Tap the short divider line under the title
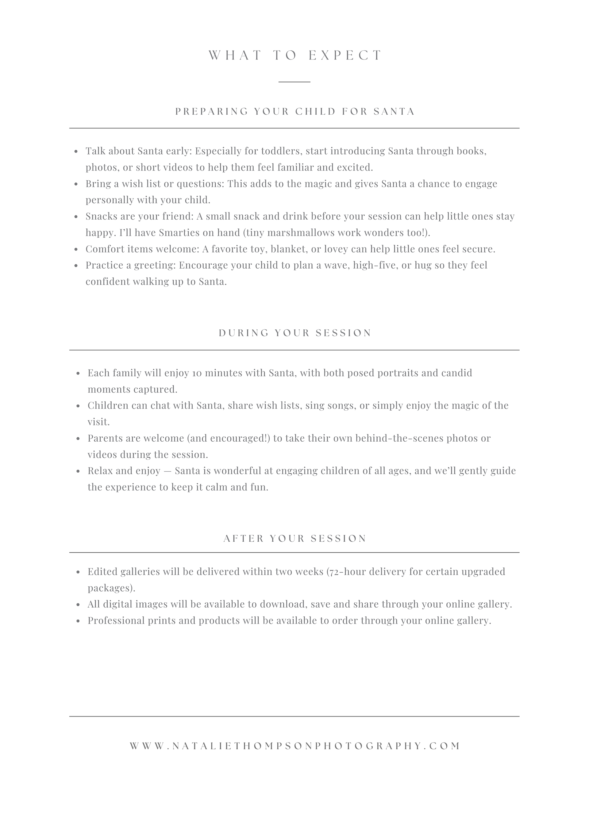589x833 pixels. pyautogui.click(x=294, y=82)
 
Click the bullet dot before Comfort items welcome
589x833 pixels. pyautogui.click(x=76, y=250)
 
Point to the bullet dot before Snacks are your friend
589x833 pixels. pyautogui.click(x=76, y=217)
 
